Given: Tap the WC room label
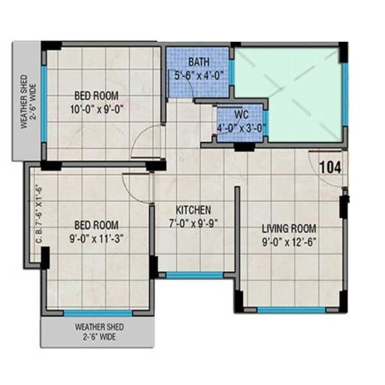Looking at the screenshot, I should pos(241,114).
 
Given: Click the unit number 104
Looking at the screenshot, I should pos(330,167).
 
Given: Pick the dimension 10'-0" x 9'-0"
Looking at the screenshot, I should pos(97,109).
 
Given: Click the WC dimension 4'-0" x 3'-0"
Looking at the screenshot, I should pos(241,126).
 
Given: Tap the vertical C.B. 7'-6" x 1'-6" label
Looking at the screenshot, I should pos(38,214).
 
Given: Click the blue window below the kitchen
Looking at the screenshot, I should pos(194,275).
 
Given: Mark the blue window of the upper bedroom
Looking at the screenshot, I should pos(44,103).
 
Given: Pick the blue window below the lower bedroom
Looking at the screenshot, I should pos(98,313).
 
